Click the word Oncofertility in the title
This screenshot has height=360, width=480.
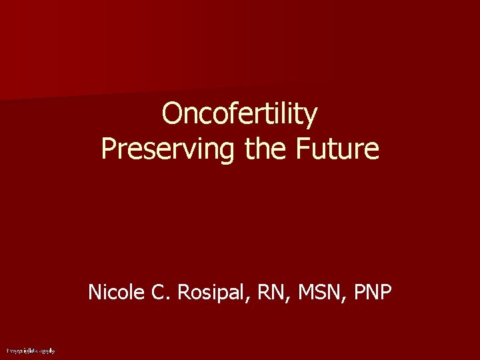(240, 114)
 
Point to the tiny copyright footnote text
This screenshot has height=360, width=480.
(31, 350)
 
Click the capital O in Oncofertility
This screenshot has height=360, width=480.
(173, 114)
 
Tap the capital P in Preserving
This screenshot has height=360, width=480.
(109, 149)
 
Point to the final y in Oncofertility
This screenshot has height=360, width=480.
(311, 118)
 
